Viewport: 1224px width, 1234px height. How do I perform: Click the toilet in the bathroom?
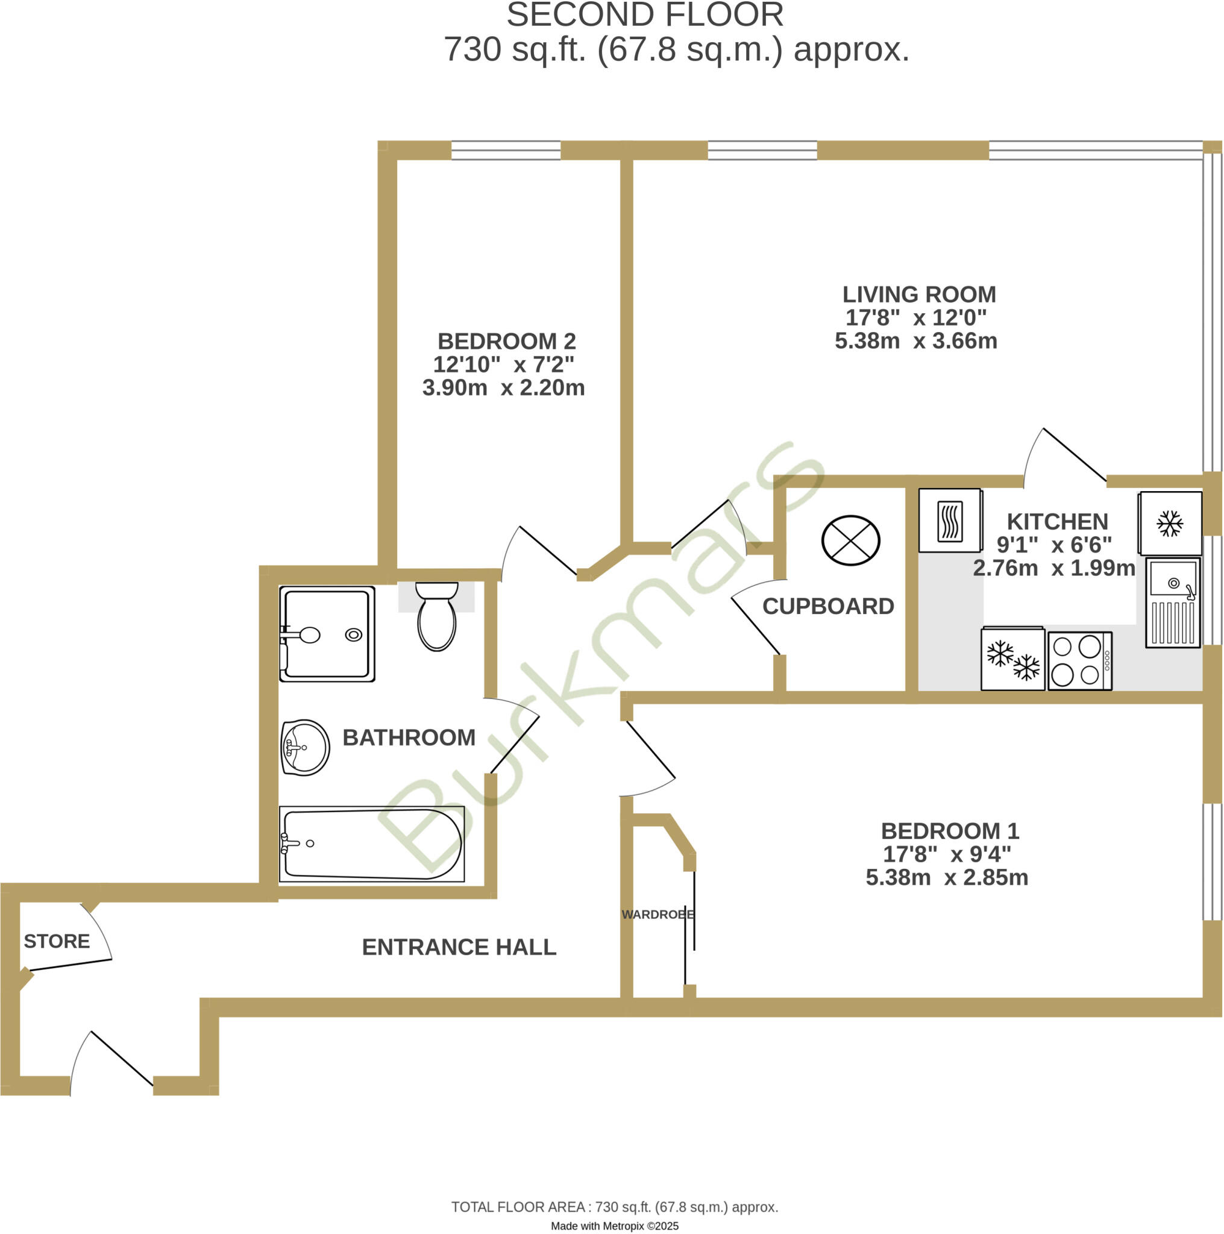(x=437, y=617)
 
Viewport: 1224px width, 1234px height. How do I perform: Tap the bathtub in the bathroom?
(x=372, y=844)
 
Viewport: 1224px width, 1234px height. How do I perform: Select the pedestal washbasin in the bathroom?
(x=306, y=747)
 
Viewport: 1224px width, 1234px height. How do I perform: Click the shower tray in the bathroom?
(x=327, y=634)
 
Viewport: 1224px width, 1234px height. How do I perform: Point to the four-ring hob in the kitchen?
(x=1079, y=661)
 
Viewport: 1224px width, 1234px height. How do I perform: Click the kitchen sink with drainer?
(x=1173, y=603)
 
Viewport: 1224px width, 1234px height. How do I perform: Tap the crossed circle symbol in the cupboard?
(x=850, y=541)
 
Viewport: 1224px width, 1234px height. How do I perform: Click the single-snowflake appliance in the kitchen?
(x=1170, y=523)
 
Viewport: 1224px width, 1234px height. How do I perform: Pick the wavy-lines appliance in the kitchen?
(x=950, y=521)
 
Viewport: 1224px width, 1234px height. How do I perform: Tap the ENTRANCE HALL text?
(x=459, y=947)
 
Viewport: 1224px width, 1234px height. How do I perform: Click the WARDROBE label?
(x=658, y=915)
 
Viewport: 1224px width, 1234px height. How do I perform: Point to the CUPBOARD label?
(x=828, y=606)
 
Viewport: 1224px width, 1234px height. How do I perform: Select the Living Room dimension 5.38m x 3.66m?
(x=915, y=341)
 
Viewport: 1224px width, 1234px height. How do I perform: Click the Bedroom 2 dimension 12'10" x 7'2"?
(x=503, y=365)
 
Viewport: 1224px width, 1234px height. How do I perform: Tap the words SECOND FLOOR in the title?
(x=645, y=15)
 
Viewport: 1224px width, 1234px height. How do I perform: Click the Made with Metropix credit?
(x=614, y=1226)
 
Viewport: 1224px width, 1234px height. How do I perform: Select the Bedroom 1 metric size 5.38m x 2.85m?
(x=947, y=877)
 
